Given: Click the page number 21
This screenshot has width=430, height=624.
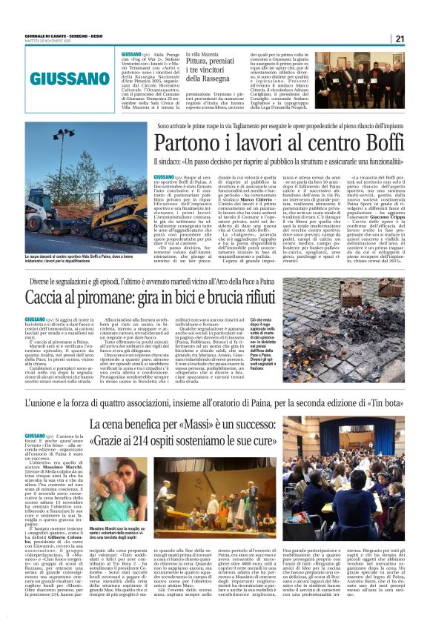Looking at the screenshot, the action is (x=420, y=39).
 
